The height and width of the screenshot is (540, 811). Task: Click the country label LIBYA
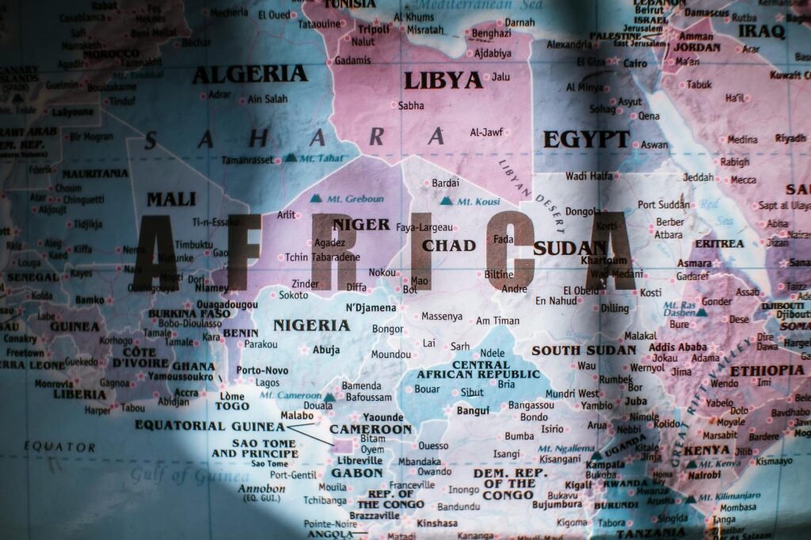[x=443, y=80]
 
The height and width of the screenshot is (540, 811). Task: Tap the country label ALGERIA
[x=250, y=74]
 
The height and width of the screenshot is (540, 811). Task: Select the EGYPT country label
[x=586, y=139]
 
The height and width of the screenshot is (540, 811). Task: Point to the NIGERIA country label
[x=311, y=325]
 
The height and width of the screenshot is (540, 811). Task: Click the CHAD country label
[x=448, y=245]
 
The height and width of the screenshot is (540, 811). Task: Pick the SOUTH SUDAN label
[x=584, y=350]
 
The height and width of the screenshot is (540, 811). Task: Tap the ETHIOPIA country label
[x=767, y=370]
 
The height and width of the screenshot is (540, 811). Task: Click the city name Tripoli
[x=375, y=29]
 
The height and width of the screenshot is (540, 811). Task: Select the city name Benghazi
[x=491, y=33]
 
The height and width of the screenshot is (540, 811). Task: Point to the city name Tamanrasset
[x=247, y=160]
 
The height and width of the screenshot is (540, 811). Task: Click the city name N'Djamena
[x=371, y=307]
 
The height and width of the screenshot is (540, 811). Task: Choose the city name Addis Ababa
[x=677, y=347]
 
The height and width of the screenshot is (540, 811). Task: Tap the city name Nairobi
[x=704, y=475]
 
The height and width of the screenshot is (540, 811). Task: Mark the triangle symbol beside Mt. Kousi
[x=446, y=201]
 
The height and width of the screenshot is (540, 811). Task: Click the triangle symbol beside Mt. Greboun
[x=317, y=198]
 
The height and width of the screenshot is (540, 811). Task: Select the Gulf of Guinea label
[x=189, y=475]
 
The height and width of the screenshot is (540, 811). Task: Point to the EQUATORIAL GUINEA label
[x=210, y=425]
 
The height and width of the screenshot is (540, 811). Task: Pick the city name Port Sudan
[x=664, y=204]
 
